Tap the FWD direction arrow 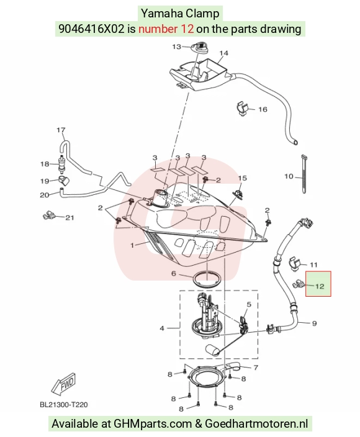[x=63, y=385]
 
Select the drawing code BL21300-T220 [x=63, y=404]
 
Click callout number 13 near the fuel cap [x=176, y=47]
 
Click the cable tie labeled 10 [x=304, y=174]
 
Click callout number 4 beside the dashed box [x=162, y=328]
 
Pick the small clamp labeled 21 [x=48, y=215]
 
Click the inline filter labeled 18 [x=60, y=164]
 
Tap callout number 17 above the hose [x=61, y=130]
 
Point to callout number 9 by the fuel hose [x=314, y=323]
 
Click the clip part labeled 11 [x=295, y=264]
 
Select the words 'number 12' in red [x=166, y=29]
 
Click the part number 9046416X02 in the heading [x=91, y=29]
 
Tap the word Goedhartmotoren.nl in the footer [x=256, y=423]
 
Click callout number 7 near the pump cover [x=256, y=367]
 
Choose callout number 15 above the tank [x=243, y=178]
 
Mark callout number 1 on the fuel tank [x=132, y=245]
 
